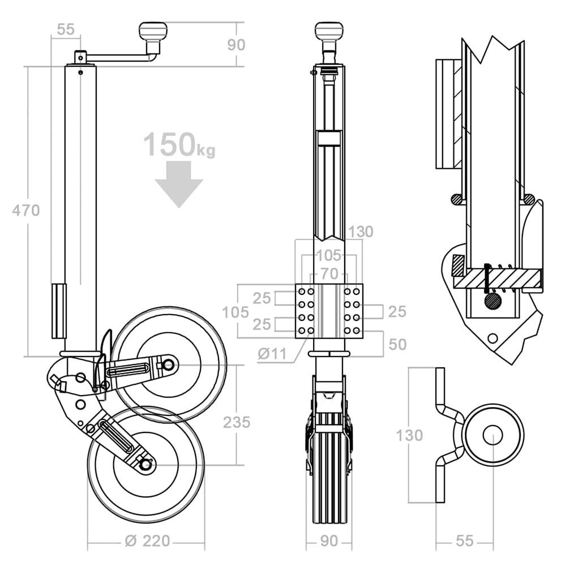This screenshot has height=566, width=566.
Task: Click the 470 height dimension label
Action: [x=25, y=210]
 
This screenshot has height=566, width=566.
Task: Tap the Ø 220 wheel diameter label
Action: [x=147, y=541]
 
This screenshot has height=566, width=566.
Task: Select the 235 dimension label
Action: [x=237, y=422]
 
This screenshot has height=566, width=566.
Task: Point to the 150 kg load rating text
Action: [x=179, y=144]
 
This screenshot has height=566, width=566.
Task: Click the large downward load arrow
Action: [x=179, y=184]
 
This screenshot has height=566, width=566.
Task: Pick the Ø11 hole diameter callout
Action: [x=272, y=354]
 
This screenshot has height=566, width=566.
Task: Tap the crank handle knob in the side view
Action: [x=153, y=32]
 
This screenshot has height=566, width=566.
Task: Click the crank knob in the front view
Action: [x=328, y=31]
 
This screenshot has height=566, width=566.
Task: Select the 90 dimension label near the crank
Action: [x=237, y=45]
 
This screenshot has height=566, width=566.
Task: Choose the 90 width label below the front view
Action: [x=329, y=541]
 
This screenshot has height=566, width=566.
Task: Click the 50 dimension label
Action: [x=397, y=344]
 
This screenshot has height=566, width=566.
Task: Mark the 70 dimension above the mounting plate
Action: [x=329, y=273]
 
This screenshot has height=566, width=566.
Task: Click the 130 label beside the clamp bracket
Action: [x=409, y=435]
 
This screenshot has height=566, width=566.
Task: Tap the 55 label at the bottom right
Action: [x=465, y=541]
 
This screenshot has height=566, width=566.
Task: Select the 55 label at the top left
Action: [x=66, y=29]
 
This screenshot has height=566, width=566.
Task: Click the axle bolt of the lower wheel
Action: [x=146, y=465]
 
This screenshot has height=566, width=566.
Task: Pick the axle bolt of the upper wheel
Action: [x=168, y=365]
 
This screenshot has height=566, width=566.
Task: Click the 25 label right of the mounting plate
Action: [x=397, y=311]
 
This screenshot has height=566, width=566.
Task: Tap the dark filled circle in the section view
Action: [x=493, y=301]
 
